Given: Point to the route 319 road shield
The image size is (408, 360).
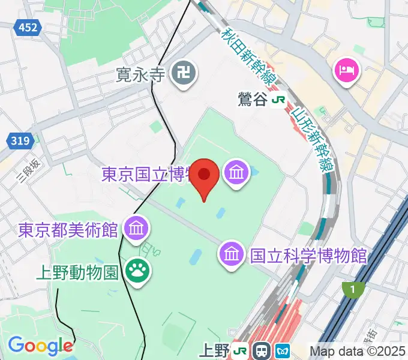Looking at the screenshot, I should click(20, 142).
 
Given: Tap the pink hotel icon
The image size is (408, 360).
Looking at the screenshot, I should click(346, 72).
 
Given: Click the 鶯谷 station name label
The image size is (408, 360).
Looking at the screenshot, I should click(251, 100).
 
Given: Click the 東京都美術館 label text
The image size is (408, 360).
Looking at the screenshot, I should click(68, 230).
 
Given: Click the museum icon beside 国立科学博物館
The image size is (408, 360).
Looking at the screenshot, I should click(231, 254).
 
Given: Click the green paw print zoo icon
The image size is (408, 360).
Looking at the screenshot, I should click(138, 272).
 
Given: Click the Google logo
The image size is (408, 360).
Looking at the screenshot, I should click(40, 346).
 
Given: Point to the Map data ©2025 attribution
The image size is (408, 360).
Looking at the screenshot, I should click(358, 351).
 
